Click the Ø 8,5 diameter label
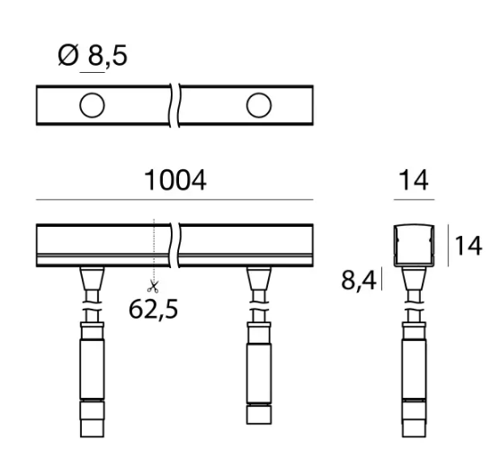[x=93, y=55]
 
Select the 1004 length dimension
[x=175, y=180]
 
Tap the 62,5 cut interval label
[x=153, y=309]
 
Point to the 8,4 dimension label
[x=358, y=280]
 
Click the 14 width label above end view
[x=414, y=180]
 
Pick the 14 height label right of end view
[x=469, y=246]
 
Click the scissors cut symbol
[x=153, y=286]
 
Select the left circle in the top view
[x=92, y=105]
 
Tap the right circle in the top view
[x=259, y=105]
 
